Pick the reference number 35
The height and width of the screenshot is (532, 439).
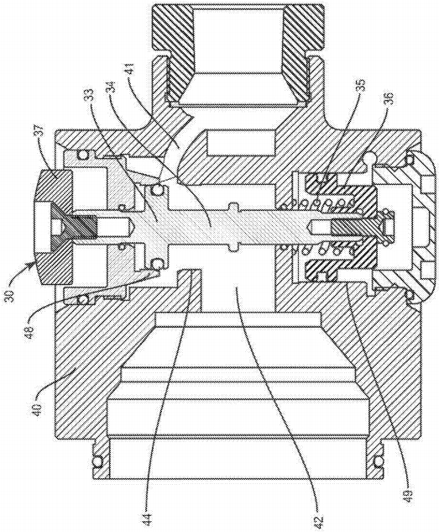361,86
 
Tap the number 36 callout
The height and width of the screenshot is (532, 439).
390,99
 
